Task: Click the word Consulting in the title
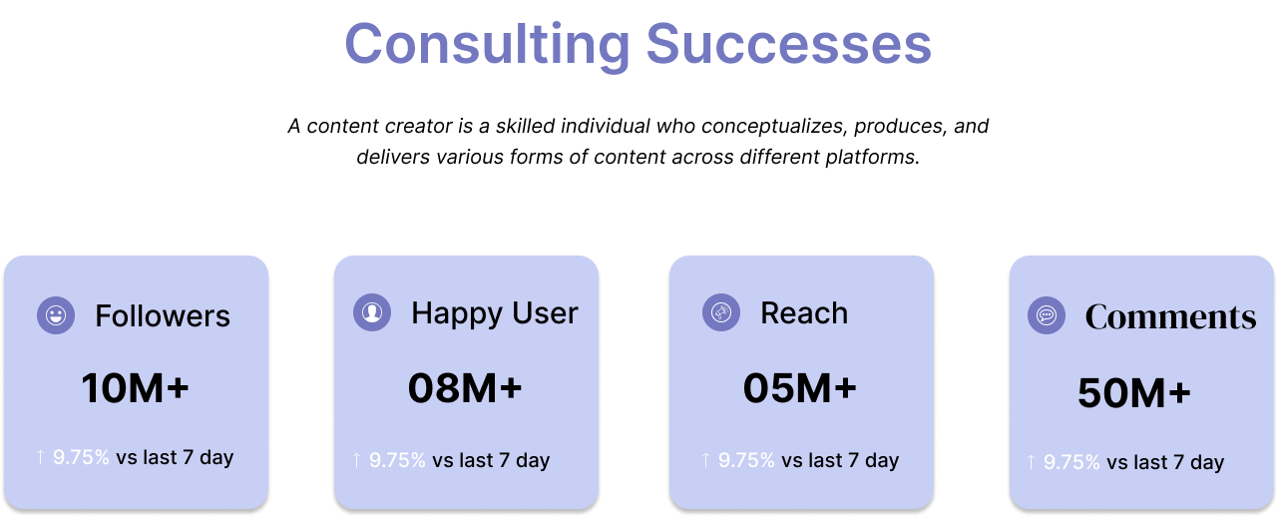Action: pyautogui.click(x=487, y=45)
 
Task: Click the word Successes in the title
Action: pyautogui.click(x=788, y=45)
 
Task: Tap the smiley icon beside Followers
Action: pyautogui.click(x=56, y=316)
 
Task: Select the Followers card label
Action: pyautogui.click(x=163, y=316)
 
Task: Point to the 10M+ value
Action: pyautogui.click(x=135, y=389)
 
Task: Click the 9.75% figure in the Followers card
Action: pyautogui.click(x=81, y=458)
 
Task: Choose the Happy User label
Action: pyautogui.click(x=494, y=313)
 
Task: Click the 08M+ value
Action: pyautogui.click(x=465, y=389)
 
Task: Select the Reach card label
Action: pyautogui.click(x=804, y=313)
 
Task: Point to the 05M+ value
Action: pyautogui.click(x=799, y=389)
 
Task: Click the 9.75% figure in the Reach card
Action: pyautogui.click(x=746, y=460)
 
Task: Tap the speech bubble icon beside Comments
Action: pyautogui.click(x=1047, y=316)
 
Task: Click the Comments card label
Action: pyautogui.click(x=1170, y=317)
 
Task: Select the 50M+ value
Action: pyautogui.click(x=1134, y=394)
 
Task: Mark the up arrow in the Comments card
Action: pyautogui.click(x=1031, y=462)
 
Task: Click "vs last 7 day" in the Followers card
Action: pyautogui.click(x=175, y=458)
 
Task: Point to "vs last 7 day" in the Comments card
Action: pyautogui.click(x=1165, y=462)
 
